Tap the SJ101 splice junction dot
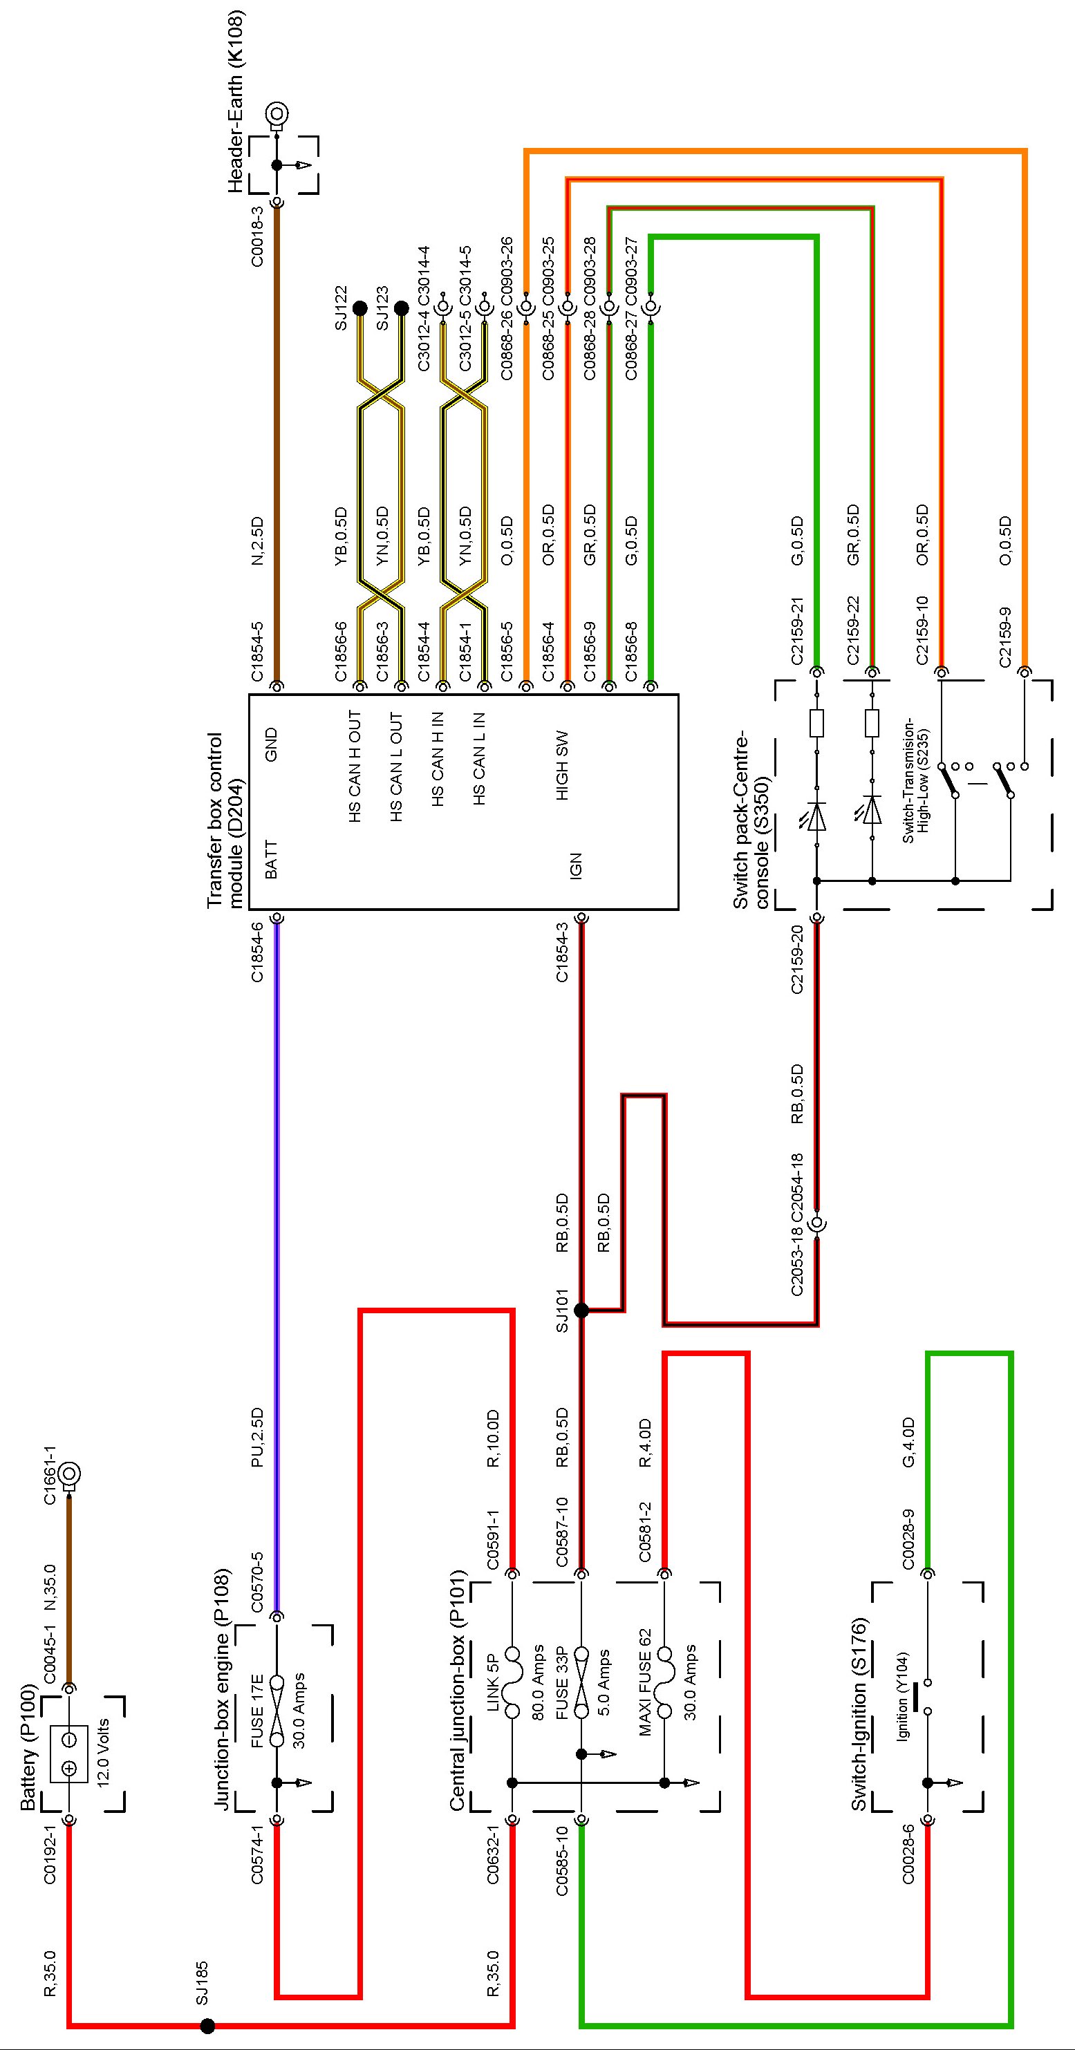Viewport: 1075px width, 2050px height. click(x=581, y=1310)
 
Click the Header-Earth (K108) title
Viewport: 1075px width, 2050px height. click(x=236, y=101)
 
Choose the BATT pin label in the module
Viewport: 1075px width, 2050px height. click(x=271, y=860)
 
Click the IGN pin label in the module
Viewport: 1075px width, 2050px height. click(x=576, y=865)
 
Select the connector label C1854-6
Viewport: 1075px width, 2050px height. click(x=257, y=952)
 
